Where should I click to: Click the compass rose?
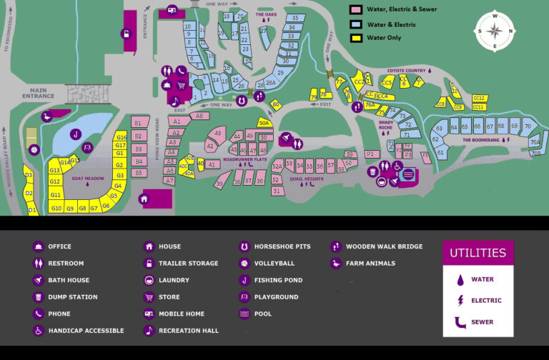point(495,31)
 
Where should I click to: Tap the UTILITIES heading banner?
point(478,253)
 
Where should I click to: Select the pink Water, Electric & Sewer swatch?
point(355,9)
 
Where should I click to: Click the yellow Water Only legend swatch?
point(355,38)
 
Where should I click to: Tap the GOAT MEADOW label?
point(88,179)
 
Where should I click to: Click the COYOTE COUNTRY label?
point(406,71)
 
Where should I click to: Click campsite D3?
point(29,176)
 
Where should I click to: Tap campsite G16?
point(121,137)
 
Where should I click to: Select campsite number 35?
point(295,18)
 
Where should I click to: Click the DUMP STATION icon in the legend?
point(38,297)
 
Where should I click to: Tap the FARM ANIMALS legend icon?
point(335,264)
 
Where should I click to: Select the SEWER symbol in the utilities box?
point(457,322)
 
